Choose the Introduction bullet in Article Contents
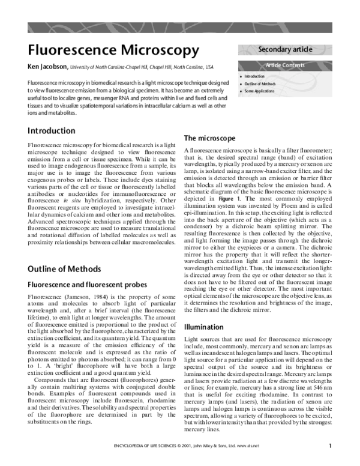(x=254, y=77)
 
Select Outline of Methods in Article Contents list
(x=260, y=84)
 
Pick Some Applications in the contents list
(x=259, y=91)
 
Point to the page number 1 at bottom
(x=330, y=462)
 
